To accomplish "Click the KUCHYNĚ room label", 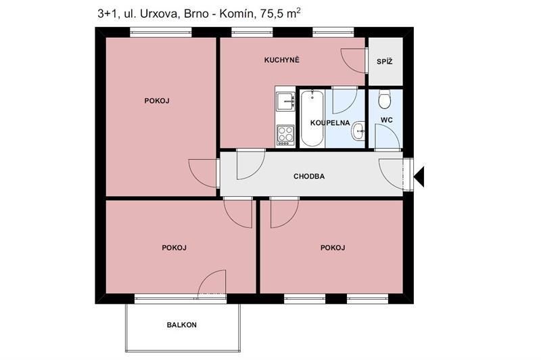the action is [281, 60].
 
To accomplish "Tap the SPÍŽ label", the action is [384, 62].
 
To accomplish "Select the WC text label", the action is [386, 120].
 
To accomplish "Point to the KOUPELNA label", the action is [330, 123].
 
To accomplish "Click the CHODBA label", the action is [309, 177].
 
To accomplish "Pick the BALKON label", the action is [181, 325].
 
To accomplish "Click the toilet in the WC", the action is [384, 99].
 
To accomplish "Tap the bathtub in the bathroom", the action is [312, 118].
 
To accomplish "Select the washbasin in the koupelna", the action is [359, 131].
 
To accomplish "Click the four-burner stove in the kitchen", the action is [285, 135].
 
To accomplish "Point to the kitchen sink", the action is [285, 101].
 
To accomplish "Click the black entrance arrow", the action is [419, 177].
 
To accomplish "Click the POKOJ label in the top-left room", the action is [157, 101].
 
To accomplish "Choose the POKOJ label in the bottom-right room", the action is [333, 248].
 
